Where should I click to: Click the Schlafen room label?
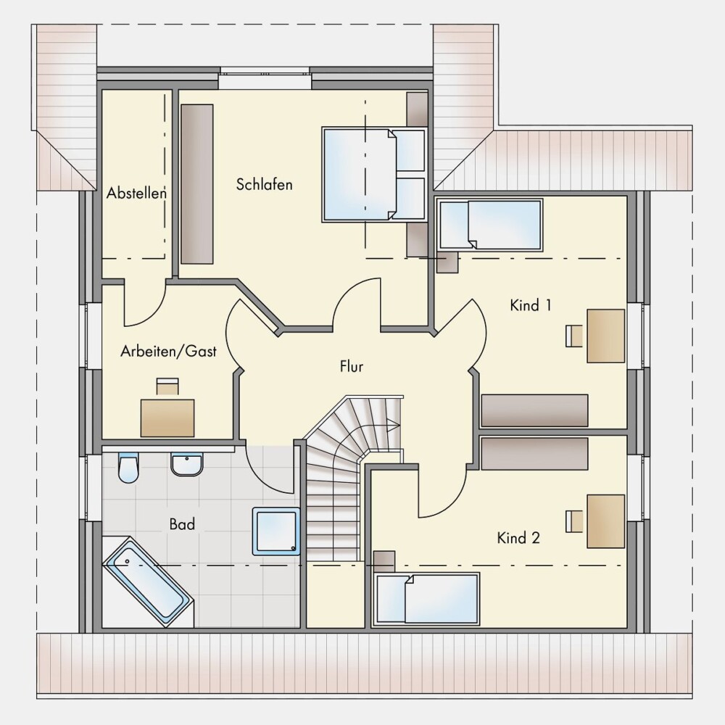(x=264, y=184)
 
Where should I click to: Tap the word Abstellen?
(x=136, y=193)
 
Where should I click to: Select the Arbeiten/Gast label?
(x=168, y=352)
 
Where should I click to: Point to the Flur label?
(x=352, y=367)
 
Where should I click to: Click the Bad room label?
(x=182, y=524)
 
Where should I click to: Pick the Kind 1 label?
(x=531, y=305)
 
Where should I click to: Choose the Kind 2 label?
(x=518, y=538)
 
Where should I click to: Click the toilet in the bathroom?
(x=128, y=468)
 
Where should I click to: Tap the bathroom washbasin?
(x=187, y=465)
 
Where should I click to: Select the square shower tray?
(x=276, y=531)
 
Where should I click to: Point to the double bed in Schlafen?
(x=373, y=174)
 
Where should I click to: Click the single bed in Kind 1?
(x=489, y=225)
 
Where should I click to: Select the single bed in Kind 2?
(x=427, y=599)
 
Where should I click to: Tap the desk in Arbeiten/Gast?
(x=167, y=418)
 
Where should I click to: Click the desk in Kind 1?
(x=605, y=336)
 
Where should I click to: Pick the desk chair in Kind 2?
(x=574, y=521)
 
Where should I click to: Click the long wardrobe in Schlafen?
(x=197, y=184)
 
